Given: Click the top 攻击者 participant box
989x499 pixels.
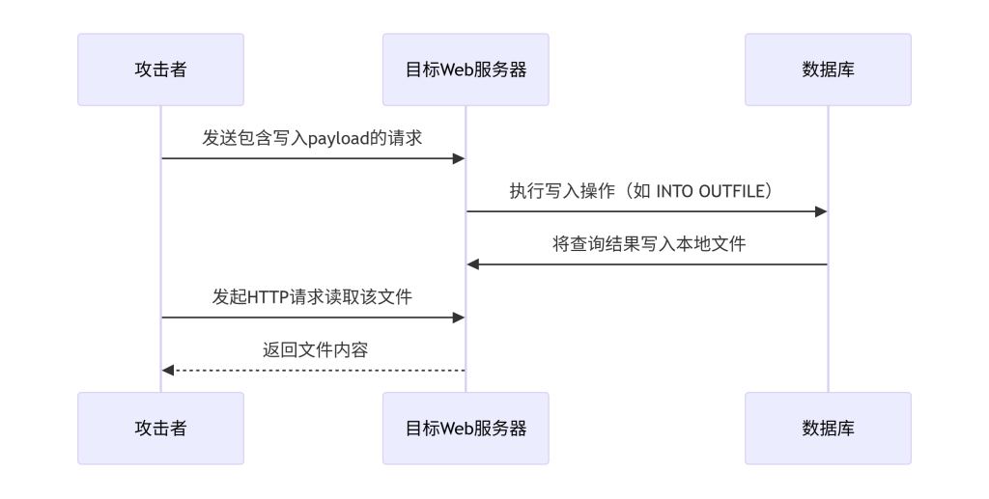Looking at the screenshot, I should click(x=160, y=69).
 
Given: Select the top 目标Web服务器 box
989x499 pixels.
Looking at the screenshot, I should click(x=466, y=69).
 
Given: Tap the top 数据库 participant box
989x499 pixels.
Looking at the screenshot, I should click(x=828, y=69).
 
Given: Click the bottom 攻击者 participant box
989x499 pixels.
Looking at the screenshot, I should click(x=160, y=428).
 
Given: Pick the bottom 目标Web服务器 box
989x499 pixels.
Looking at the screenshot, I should click(x=466, y=428).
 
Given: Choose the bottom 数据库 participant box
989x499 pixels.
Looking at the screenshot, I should click(x=828, y=428).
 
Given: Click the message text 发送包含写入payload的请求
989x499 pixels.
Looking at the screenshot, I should click(x=313, y=137).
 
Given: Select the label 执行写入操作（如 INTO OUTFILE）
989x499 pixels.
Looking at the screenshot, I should click(x=641, y=190).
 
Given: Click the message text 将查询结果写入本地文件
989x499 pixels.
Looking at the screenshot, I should click(x=648, y=243).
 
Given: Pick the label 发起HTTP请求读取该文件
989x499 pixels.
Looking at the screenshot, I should click(x=313, y=296).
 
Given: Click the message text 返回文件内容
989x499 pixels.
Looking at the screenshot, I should click(x=315, y=349).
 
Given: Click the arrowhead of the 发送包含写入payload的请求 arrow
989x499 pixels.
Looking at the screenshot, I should click(x=460, y=158).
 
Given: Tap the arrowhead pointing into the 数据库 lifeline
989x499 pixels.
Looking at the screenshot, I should click(x=821, y=211).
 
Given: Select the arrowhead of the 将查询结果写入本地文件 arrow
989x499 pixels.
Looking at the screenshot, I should click(x=473, y=264).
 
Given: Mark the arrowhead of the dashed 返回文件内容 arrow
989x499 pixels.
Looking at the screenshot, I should click(x=168, y=370).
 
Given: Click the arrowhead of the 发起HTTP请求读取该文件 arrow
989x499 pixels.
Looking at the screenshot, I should click(x=460, y=317).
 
